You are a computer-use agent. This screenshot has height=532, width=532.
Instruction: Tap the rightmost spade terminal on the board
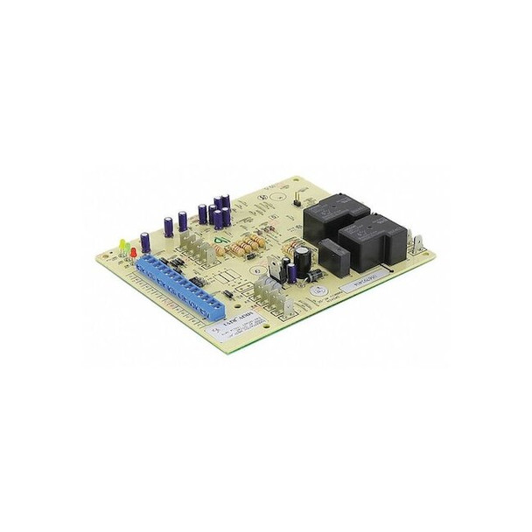(x=421, y=239)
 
